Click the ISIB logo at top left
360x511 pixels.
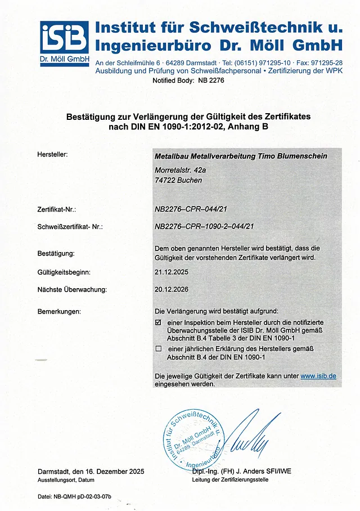(x=64, y=41)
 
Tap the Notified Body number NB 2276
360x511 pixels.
(x=211, y=81)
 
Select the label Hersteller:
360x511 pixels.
(x=52, y=154)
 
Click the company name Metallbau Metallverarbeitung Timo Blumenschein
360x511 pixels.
(x=240, y=156)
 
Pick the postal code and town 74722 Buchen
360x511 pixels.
(x=178, y=181)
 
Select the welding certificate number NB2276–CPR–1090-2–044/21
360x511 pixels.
(x=205, y=227)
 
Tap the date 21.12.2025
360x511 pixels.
(x=171, y=272)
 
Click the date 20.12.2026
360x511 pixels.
(x=171, y=290)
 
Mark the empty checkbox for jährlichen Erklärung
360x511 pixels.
(x=158, y=349)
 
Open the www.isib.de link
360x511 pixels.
(x=318, y=376)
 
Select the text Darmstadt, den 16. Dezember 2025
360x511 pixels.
(x=91, y=471)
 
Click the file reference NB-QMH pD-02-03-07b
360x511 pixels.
(x=74, y=496)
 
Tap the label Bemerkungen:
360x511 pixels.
(x=59, y=311)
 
